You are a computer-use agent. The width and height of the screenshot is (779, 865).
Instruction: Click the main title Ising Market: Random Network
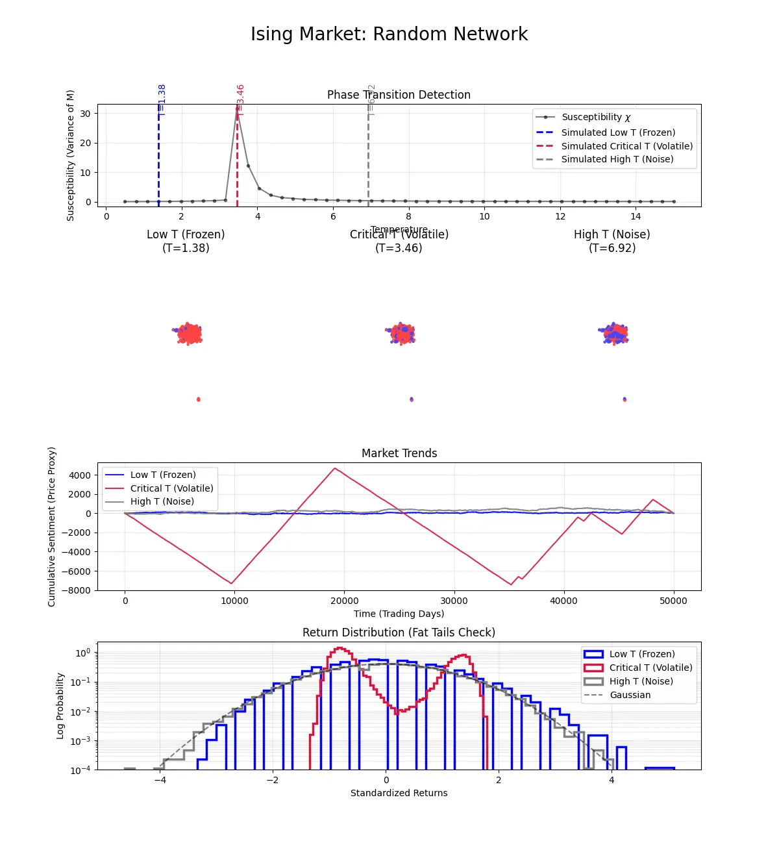point(389,34)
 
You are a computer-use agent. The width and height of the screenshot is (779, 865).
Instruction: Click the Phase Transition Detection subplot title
point(399,95)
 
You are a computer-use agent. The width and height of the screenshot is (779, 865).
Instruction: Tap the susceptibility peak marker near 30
point(237,109)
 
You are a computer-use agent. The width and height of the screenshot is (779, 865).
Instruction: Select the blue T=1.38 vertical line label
point(162,100)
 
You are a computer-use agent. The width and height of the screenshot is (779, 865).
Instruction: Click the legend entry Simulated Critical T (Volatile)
point(626,146)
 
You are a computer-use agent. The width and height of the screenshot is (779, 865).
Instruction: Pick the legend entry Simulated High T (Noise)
point(617,159)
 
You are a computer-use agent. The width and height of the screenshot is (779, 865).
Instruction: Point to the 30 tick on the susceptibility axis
point(85,114)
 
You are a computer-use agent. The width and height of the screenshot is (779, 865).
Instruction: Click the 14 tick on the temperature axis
point(636,216)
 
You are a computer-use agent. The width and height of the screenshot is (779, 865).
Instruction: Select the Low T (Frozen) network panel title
point(186,241)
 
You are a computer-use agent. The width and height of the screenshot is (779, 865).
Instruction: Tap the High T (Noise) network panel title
point(612,241)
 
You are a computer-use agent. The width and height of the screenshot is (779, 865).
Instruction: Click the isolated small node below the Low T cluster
point(199,399)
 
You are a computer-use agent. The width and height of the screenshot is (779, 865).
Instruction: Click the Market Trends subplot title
point(399,453)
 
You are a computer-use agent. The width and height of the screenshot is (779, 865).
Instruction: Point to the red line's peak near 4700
point(335,468)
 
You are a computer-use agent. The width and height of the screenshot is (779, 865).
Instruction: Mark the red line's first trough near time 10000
point(232,583)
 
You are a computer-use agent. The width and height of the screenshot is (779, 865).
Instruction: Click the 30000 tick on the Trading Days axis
point(454,601)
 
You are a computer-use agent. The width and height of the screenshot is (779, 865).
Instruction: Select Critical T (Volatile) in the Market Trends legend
point(171,488)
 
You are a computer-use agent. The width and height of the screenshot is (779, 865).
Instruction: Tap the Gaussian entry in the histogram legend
point(630,695)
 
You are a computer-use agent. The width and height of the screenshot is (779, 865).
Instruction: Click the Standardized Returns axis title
point(399,793)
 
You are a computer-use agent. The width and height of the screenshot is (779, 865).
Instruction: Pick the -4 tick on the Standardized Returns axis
point(160,780)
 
